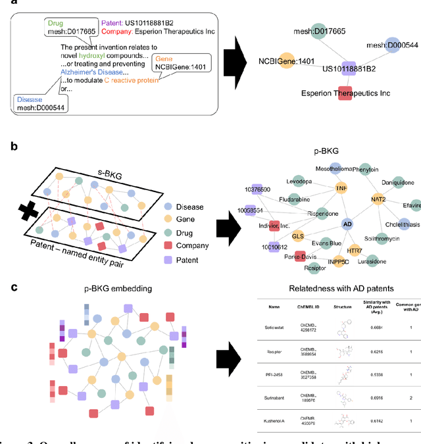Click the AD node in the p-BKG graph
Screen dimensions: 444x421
(x=349, y=224)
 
